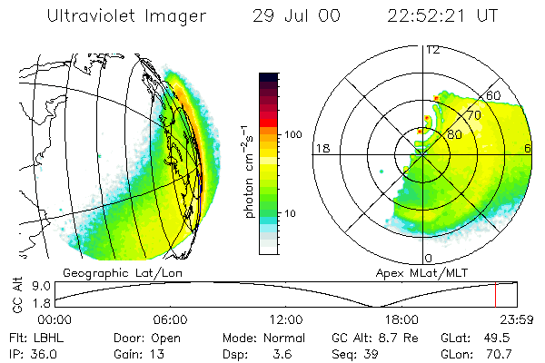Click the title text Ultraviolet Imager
tap(126, 15)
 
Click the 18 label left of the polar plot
tap(321, 147)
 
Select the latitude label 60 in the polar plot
tap(495, 94)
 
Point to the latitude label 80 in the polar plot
tap(454, 134)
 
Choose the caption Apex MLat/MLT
tap(425, 272)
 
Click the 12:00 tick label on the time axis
tap(286, 319)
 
